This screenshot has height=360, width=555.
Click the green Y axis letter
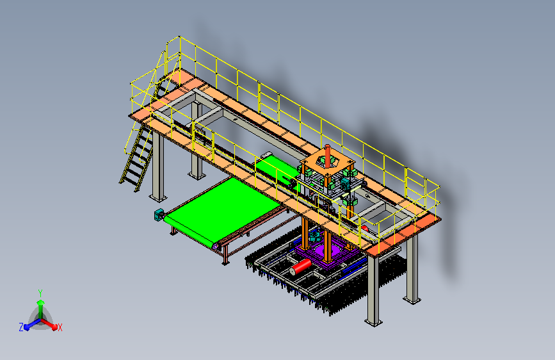pos(40,293)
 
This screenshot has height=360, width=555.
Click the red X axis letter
pos(60,328)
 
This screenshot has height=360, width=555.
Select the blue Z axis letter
pos(21,327)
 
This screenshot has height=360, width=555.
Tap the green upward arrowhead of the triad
pos(41,302)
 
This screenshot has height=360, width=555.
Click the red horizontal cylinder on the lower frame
pos(301,266)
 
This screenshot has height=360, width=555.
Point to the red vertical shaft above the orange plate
pos(327,155)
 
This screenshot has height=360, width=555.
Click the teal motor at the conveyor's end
pos(159,215)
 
